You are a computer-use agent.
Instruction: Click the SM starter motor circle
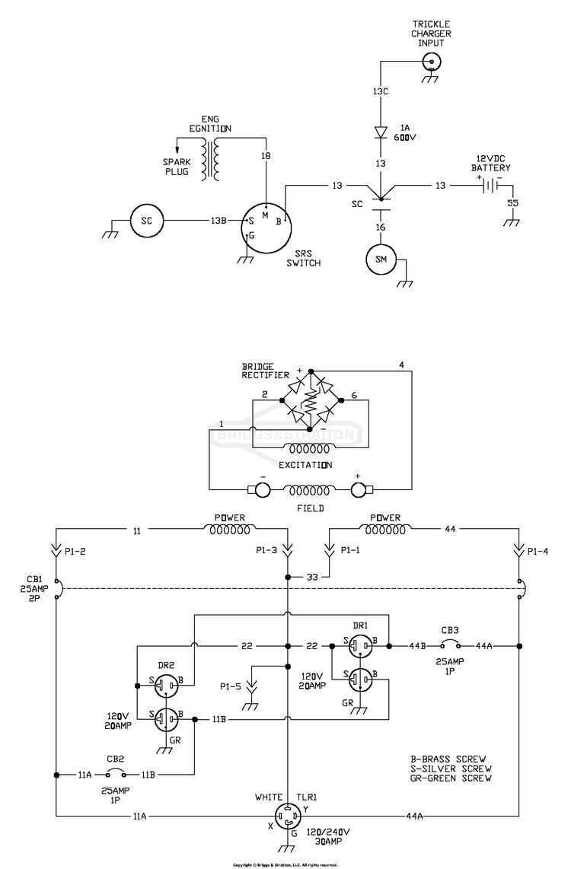(x=381, y=261)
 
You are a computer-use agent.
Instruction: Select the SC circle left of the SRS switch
(x=147, y=221)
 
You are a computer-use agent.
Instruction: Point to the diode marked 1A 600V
(x=381, y=132)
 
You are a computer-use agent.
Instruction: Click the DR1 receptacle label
(x=360, y=625)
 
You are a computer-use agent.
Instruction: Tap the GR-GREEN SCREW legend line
(x=451, y=778)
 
